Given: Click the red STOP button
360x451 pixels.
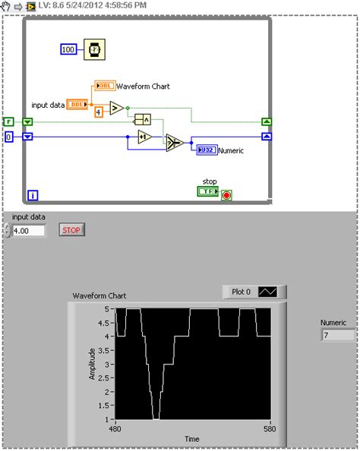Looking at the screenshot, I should point(71,229).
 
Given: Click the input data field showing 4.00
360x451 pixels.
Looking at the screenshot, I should point(29,229).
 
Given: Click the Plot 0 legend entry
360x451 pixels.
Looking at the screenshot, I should point(254,292).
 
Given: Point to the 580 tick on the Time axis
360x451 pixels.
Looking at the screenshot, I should point(270,428).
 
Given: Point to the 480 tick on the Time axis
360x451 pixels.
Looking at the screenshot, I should point(116,428).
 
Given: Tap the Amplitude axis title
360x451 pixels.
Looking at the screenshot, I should point(93,364).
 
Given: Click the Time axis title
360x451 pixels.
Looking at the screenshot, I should point(192,439).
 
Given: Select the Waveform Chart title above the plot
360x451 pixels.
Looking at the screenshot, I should point(99,295).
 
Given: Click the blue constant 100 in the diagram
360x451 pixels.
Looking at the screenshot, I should point(69,49).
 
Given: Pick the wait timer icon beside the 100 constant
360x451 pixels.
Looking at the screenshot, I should point(93,49).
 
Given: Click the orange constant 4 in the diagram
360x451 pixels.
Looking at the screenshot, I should point(99,112).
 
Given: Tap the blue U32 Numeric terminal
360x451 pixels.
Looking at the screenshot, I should point(207,150).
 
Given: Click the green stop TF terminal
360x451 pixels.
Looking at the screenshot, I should point(207,191).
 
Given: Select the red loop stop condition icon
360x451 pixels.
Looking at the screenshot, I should point(226,194).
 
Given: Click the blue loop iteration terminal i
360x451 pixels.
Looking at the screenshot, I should point(33,195).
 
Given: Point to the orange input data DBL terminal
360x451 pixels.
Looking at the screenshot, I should point(77,104).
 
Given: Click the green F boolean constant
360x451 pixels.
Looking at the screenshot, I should point(8,121).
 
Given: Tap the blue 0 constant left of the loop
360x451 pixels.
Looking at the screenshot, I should point(8,137).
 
